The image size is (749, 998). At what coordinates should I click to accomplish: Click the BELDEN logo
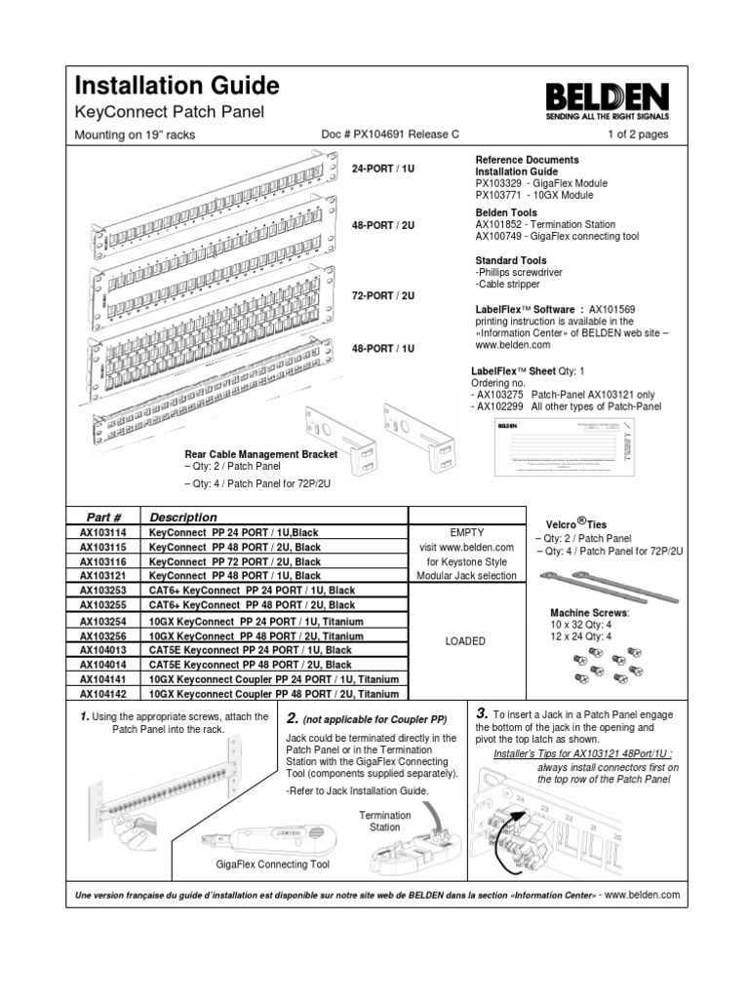pos(606,98)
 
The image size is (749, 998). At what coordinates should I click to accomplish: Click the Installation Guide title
pos(177,85)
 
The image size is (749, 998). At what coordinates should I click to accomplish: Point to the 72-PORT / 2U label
pos(383,294)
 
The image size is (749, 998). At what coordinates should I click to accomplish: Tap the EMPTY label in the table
pos(464,533)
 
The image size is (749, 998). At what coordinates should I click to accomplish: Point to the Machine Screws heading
pos(588,612)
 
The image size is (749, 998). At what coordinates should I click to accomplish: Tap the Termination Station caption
pos(378,821)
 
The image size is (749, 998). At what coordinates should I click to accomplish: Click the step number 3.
pos(481,712)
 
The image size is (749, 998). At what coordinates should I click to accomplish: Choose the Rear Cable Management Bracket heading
pos(260,454)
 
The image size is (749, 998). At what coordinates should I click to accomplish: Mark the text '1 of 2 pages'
pos(638,134)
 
